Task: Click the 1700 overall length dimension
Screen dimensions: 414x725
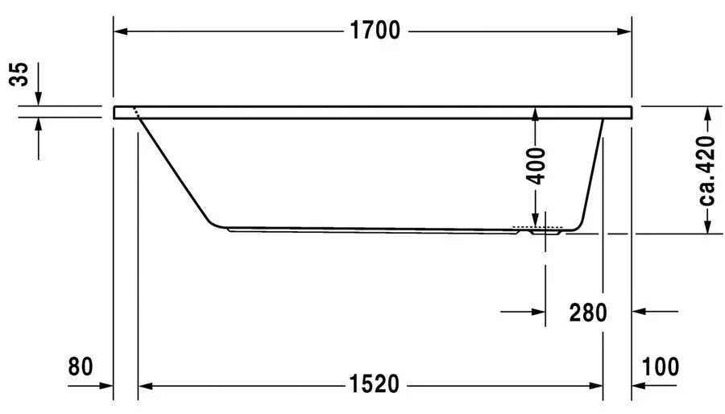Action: coord(375,31)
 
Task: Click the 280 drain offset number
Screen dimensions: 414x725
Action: coord(586,311)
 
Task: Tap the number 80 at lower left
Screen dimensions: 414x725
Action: coord(80,366)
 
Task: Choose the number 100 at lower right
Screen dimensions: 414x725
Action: coord(661,366)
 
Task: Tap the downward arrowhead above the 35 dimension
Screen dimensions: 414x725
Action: coord(39,99)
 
